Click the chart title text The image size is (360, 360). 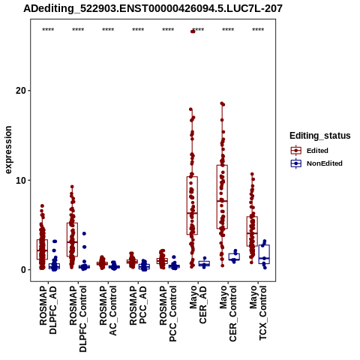click(x=153, y=8)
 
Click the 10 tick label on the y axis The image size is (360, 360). click(x=21, y=180)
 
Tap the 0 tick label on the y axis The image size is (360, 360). click(x=23, y=270)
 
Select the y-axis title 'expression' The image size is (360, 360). click(x=8, y=150)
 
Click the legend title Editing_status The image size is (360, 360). click(x=320, y=136)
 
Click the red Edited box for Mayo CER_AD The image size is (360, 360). click(x=192, y=205)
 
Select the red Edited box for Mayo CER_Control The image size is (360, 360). click(x=222, y=196)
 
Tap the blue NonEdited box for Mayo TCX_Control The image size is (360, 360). click(x=264, y=254)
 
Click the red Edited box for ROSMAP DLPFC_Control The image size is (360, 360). click(x=72, y=239)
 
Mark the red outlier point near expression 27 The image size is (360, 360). click(x=193, y=31)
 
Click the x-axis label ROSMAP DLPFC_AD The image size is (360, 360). click(x=48, y=310)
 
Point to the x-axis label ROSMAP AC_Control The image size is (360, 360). click(x=108, y=310)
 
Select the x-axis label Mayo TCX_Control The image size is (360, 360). click(x=258, y=313)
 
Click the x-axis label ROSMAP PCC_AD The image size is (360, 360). click(x=138, y=305)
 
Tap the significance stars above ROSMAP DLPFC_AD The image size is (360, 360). click(x=48, y=30)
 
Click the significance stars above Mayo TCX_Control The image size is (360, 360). click(x=258, y=30)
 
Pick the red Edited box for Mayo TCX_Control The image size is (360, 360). click(x=252, y=231)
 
